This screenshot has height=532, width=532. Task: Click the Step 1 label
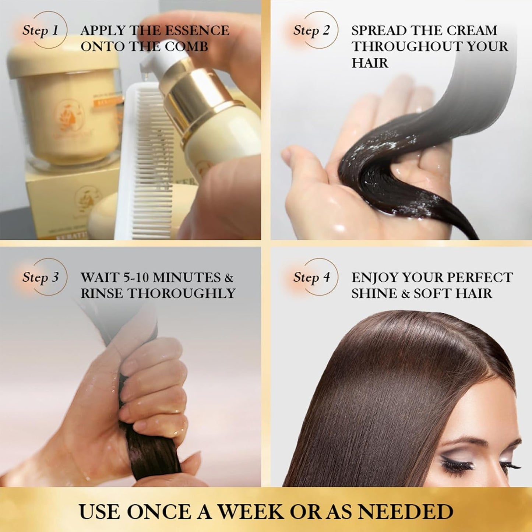(40, 30)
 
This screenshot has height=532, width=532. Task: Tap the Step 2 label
(311, 30)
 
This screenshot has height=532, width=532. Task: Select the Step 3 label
(40, 277)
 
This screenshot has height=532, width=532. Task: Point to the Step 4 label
(311, 277)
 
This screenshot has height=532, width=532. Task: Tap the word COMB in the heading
(186, 47)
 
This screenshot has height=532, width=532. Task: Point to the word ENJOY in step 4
(374, 277)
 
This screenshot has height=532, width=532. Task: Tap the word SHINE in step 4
(374, 293)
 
